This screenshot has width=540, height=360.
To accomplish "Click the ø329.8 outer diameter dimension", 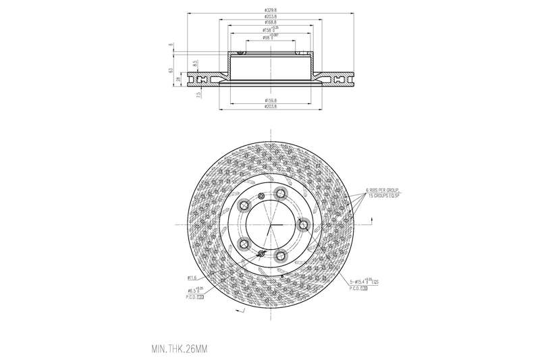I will click(270, 10).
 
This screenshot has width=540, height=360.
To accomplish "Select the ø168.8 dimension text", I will click(270, 22).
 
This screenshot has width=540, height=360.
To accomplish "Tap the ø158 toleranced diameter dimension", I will click(270, 30).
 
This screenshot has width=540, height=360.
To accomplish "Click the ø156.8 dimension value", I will click(270, 101).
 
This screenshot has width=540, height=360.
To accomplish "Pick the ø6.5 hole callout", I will click(196, 290).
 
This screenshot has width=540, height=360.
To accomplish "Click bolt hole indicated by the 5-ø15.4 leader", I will click(303, 225).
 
